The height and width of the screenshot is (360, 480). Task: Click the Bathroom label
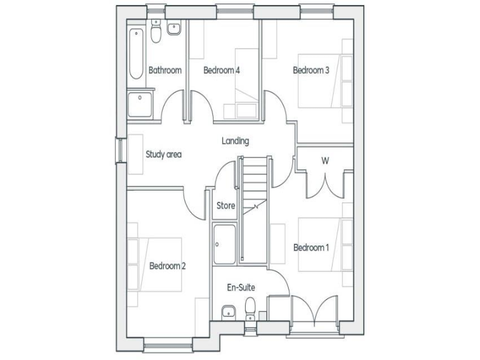165,70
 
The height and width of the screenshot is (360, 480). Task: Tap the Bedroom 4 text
222,70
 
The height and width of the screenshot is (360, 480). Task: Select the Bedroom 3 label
311,70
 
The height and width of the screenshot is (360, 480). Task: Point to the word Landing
235,141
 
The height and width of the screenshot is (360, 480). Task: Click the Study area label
163,154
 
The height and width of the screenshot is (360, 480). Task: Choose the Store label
225,205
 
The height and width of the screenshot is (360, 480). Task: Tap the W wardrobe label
325,161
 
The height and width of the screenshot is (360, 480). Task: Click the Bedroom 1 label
311,247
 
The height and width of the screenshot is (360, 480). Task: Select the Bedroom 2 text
167,266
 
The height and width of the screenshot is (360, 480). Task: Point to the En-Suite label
241,287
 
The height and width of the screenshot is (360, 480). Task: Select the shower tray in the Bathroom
141,104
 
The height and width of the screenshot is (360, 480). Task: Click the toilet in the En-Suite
251,308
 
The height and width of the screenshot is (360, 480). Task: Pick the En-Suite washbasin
228,311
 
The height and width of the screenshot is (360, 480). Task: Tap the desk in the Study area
136,154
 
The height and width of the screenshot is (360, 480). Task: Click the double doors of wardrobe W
325,182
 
